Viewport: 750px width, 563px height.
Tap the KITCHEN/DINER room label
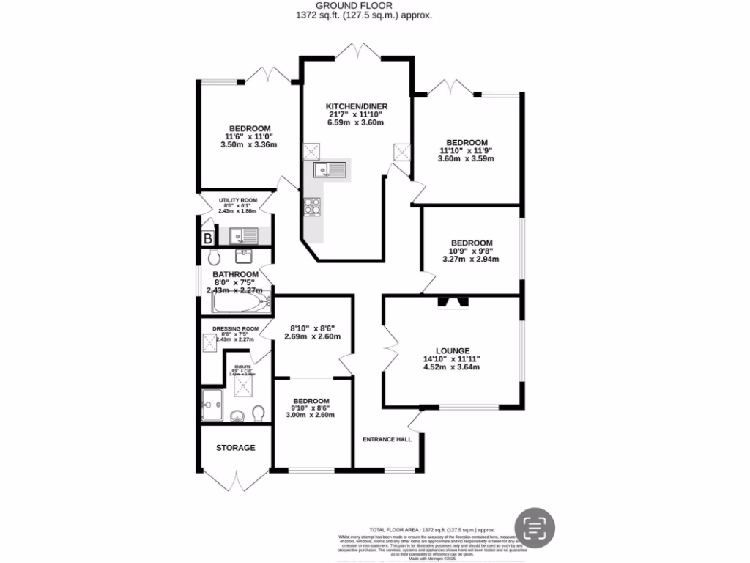click(x=357, y=106)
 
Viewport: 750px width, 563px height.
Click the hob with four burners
click(x=313, y=207)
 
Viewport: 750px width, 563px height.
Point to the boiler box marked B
click(x=208, y=238)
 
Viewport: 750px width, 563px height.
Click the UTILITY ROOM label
click(x=236, y=200)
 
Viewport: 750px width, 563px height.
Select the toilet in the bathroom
click(x=213, y=257)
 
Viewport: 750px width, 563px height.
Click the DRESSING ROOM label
click(x=235, y=328)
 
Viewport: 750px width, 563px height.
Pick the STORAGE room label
click(x=235, y=447)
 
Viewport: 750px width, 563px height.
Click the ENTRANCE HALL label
click(x=387, y=440)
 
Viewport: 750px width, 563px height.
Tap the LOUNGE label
click(x=451, y=351)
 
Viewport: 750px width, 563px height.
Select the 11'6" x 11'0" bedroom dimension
click(x=249, y=136)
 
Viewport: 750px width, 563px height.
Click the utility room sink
click(x=244, y=236)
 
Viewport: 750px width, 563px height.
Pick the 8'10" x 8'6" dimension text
click(x=312, y=328)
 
